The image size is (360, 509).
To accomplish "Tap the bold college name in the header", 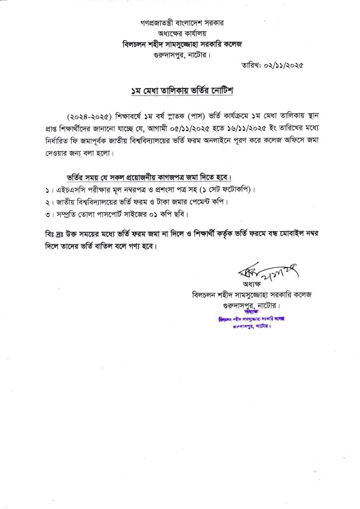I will tap(181, 44).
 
